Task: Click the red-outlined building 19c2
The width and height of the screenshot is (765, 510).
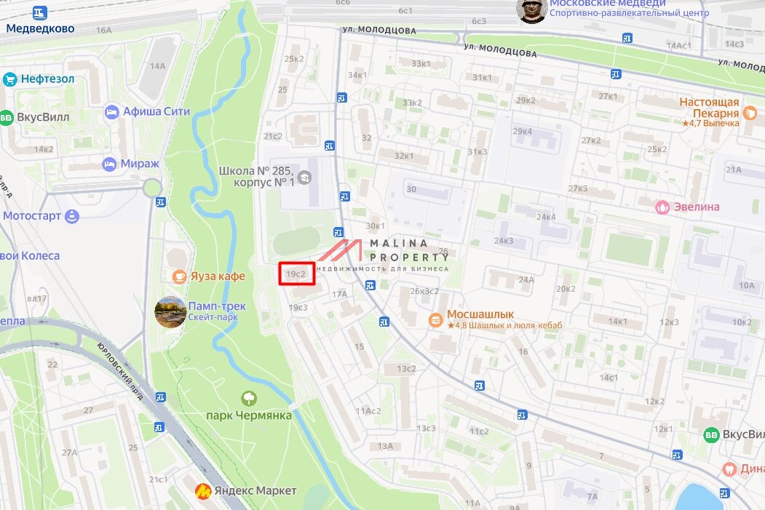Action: click(296, 274)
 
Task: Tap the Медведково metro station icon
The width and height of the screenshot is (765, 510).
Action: click(39, 12)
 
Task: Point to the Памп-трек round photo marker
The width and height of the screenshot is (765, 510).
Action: click(170, 312)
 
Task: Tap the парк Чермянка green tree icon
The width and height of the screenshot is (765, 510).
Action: click(249, 398)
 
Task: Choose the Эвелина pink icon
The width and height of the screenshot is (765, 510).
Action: click(662, 207)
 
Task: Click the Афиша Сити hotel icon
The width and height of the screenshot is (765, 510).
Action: click(111, 112)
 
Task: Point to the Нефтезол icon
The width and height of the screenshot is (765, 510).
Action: click(10, 79)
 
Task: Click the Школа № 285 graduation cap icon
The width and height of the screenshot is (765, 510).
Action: click(304, 177)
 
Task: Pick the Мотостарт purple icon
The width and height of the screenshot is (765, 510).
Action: click(72, 216)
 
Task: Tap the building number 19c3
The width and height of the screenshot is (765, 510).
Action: click(298, 308)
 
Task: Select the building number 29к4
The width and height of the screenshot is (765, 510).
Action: click(522, 132)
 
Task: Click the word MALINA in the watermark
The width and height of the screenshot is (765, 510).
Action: click(400, 244)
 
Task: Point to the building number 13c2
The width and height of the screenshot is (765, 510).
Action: click(406, 369)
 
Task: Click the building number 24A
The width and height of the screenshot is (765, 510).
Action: click(526, 279)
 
